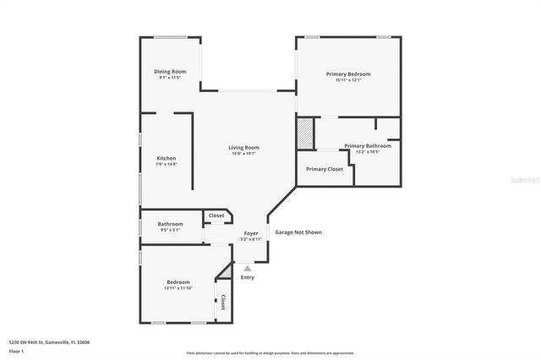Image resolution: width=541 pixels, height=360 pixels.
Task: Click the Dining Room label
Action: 170,72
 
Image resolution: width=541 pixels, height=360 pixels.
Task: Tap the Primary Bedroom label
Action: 348,74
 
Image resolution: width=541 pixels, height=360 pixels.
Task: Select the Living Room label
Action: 243,148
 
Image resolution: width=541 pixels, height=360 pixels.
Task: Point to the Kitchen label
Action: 167,158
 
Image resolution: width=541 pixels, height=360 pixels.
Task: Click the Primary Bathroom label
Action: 367,145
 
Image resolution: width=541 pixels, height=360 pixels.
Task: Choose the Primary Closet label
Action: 325,169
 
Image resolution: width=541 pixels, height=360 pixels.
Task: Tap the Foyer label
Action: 251,233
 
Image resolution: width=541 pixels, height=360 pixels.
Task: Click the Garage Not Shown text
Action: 298,232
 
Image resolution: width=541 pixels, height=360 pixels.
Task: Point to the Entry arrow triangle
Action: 248,268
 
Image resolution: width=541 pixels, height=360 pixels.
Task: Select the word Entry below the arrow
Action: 248,277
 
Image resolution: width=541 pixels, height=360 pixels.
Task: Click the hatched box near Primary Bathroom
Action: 304,134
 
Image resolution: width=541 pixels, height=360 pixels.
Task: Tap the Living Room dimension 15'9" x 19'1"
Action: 243,154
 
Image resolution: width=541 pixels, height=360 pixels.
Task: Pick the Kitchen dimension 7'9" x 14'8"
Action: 167,164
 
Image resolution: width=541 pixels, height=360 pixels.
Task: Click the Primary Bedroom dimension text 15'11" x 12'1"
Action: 348,80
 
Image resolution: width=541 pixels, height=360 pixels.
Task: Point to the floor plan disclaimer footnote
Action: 270,353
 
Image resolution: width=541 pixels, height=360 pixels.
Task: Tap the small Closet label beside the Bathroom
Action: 216,215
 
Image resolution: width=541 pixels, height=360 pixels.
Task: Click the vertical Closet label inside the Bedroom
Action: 223,302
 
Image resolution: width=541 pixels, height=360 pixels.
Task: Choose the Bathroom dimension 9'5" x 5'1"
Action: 170,230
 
